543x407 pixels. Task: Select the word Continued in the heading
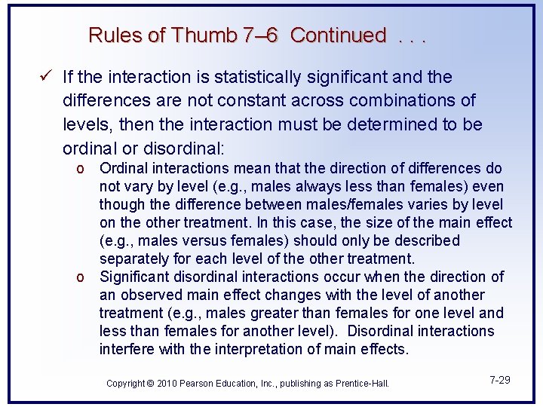338,35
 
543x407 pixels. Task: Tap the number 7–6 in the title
261,35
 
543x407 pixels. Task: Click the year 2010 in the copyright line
166,384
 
